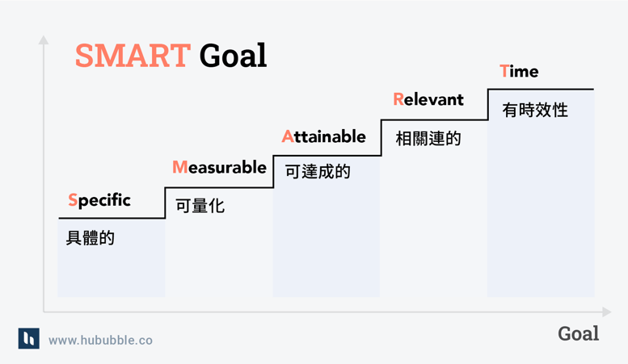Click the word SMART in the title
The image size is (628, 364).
[x=133, y=56]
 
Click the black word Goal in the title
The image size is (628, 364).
[x=233, y=56]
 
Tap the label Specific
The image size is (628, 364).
[x=99, y=200]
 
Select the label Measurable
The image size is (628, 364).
[x=219, y=167]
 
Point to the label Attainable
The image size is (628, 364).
[x=323, y=136]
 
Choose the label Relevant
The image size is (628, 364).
[x=428, y=100]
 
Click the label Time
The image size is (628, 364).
[x=519, y=71]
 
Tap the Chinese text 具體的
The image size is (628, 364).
[x=91, y=238]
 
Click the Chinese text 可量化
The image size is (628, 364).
[x=200, y=206]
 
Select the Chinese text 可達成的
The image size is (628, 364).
[x=318, y=172]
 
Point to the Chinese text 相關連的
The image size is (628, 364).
[x=428, y=139]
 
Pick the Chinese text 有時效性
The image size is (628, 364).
[x=535, y=110]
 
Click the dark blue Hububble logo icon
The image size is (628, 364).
[x=28, y=338]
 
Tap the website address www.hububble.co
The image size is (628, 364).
[x=100, y=341]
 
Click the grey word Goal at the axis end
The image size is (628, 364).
[x=578, y=333]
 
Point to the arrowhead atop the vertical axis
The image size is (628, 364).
[x=44, y=39]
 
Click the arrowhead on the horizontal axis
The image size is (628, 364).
[x=606, y=312]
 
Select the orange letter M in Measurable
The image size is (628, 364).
[x=180, y=167]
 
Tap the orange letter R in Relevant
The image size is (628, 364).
[x=398, y=100]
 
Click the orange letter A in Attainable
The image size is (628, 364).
[x=288, y=136]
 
